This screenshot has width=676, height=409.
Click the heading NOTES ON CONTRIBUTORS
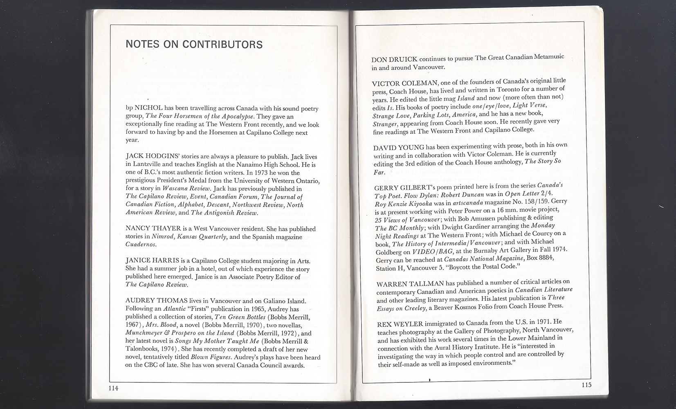click(x=194, y=45)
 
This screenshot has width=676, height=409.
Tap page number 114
click(x=113, y=388)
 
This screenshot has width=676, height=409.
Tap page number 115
click(x=586, y=385)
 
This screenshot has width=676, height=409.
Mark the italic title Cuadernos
click(x=141, y=245)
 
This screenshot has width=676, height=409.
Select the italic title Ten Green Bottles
click(x=240, y=317)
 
